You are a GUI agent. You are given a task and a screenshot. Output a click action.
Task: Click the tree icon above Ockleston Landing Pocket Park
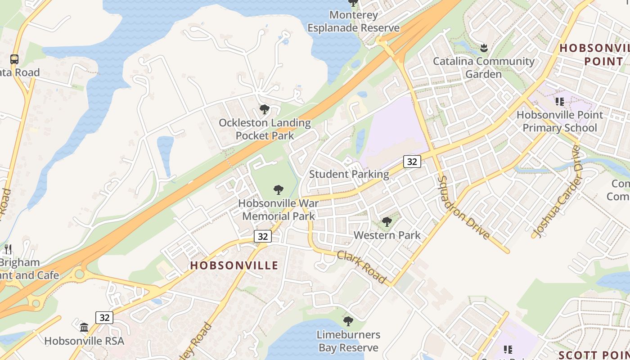point(265,109)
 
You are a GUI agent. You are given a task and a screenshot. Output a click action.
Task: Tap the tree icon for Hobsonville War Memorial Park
point(279,190)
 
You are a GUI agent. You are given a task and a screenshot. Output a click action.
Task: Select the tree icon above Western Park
point(387,222)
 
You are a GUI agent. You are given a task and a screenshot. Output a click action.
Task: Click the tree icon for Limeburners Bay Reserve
point(348,321)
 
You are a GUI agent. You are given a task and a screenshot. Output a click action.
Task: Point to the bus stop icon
point(14,59)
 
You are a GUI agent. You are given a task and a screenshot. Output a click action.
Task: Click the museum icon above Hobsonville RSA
point(84,327)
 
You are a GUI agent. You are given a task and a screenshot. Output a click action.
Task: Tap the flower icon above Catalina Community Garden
point(484,47)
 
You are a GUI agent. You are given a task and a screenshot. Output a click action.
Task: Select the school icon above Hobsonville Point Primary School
point(559,102)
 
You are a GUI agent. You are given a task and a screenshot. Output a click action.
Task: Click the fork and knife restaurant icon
point(8,249)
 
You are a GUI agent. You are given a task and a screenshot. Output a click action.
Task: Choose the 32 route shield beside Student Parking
point(412,162)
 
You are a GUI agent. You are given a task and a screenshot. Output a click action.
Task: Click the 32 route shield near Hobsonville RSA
point(104,318)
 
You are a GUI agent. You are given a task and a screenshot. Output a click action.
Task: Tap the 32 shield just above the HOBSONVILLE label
point(263,236)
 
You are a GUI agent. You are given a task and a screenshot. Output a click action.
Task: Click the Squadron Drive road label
point(463,207)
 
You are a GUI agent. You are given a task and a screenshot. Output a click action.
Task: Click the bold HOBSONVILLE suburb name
point(234,265)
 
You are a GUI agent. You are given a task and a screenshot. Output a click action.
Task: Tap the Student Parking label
point(349,174)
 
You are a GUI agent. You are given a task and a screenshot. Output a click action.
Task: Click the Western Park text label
point(387,235)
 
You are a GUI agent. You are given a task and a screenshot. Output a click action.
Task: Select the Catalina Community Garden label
point(484,67)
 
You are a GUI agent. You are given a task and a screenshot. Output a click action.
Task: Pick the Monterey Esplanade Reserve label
point(353,21)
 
